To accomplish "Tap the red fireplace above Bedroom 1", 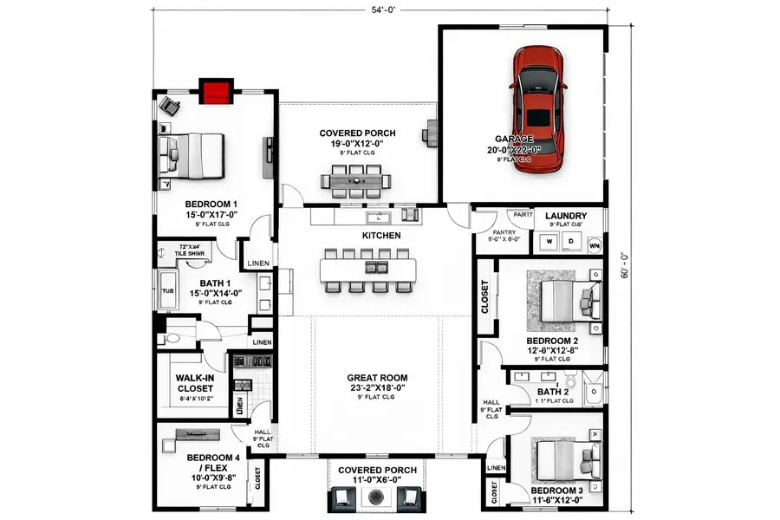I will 216,91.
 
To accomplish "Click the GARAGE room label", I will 514,139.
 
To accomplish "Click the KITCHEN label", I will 381,235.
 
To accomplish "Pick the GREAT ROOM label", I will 377,378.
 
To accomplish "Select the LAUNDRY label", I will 566,216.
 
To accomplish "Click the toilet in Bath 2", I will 570,381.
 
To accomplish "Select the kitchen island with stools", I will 367,271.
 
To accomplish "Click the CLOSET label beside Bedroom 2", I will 484,296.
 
